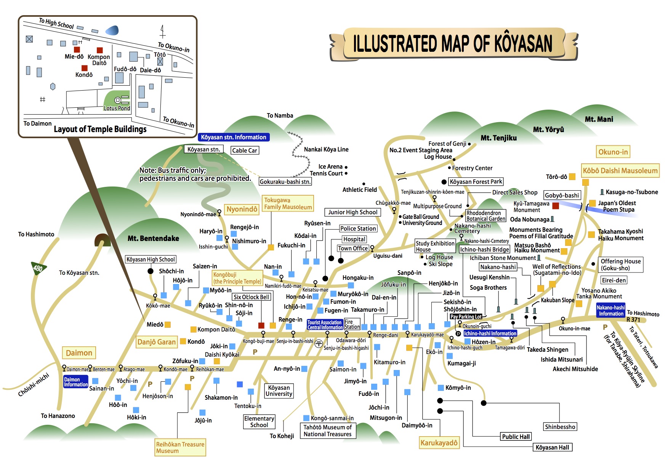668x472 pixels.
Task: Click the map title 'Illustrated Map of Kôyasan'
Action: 452,43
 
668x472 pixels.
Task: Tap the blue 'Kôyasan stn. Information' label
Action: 234,137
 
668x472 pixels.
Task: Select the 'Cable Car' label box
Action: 245,150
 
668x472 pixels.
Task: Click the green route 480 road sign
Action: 38,268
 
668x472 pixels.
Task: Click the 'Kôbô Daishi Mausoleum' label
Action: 620,171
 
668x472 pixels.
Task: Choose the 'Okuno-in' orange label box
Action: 613,152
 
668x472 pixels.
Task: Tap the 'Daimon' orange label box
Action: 79,353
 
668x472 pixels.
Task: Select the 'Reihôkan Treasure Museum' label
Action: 180,448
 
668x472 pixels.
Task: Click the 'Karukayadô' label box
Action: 439,443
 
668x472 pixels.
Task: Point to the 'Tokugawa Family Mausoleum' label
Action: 288,204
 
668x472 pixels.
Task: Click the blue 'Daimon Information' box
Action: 75,382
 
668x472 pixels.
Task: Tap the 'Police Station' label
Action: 358,228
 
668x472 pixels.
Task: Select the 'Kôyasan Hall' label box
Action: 552,448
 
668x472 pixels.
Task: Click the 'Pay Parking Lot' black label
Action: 466,316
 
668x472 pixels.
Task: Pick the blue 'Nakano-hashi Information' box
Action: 610,311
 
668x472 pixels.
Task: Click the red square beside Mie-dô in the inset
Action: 77,49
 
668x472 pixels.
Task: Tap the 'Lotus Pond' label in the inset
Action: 117,108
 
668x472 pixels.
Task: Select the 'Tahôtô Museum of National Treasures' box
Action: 327,431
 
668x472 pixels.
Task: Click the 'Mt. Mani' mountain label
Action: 599,119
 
